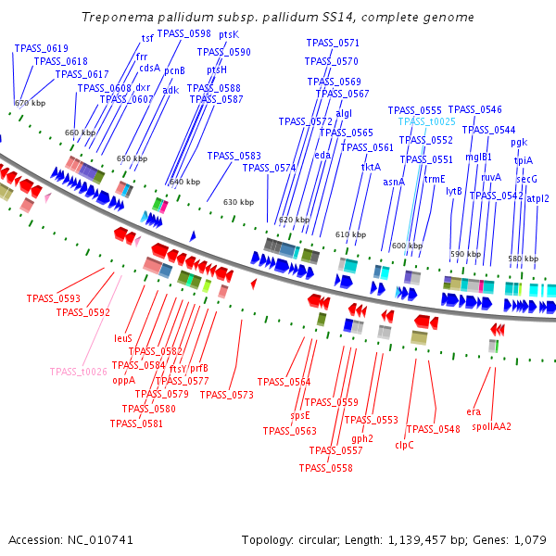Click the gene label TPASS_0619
click(42, 48)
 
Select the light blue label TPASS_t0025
click(427, 121)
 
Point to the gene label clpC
click(404, 445)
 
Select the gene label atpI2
click(537, 198)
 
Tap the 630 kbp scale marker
click(238, 202)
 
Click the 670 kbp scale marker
click(30, 103)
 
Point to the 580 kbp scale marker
click(523, 259)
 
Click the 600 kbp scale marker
click(407, 246)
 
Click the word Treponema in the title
click(115, 18)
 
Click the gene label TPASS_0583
click(234, 156)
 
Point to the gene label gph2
click(362, 437)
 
